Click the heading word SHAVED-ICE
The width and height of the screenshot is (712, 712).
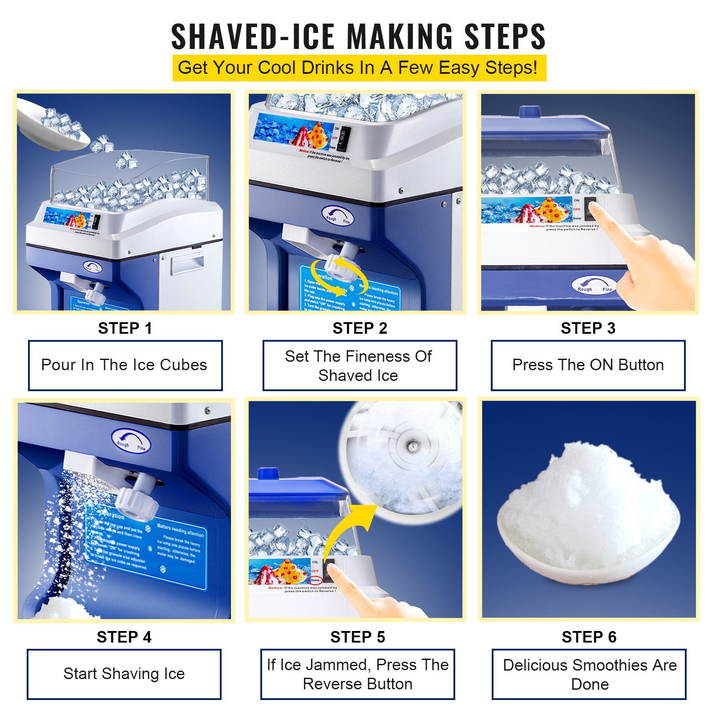click(x=252, y=36)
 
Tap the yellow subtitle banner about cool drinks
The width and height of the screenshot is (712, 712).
click(x=359, y=68)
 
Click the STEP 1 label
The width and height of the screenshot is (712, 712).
click(x=125, y=328)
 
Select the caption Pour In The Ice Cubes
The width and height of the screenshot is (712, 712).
click(x=125, y=365)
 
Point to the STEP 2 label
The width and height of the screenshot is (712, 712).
click(x=360, y=328)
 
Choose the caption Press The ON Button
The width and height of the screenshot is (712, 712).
click(x=587, y=365)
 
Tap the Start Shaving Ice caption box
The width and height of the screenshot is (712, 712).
click(x=124, y=674)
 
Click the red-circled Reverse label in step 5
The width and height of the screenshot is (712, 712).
click(x=315, y=580)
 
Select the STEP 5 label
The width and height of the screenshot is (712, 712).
click(x=357, y=637)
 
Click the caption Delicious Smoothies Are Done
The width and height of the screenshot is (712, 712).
click(x=589, y=674)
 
